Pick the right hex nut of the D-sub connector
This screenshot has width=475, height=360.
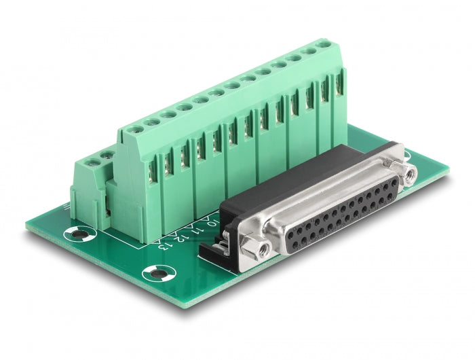(411, 174)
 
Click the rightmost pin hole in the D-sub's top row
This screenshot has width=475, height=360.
(393, 179)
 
